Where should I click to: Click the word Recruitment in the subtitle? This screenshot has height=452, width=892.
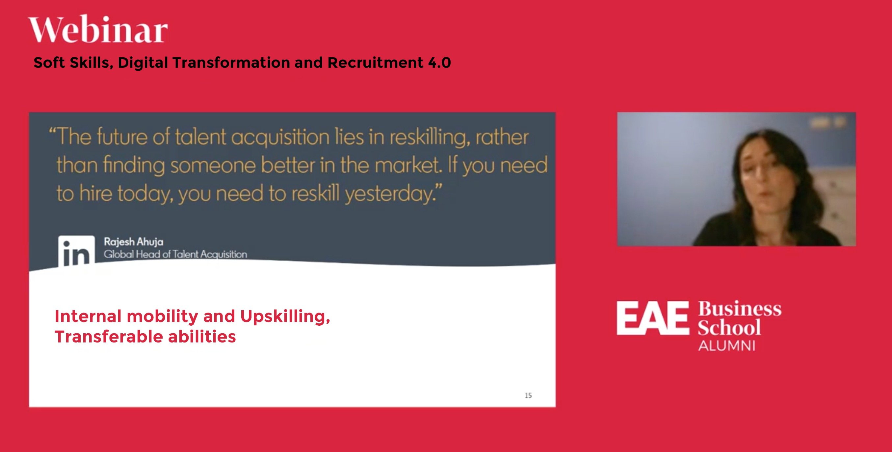coord(375,63)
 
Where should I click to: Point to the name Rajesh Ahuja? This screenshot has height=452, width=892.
coord(134,241)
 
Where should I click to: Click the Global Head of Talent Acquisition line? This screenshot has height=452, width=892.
coord(175,254)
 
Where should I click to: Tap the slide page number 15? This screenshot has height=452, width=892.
coord(528,395)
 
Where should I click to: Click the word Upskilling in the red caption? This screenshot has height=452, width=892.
coord(285,316)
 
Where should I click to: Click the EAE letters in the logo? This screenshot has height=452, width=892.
coord(652,318)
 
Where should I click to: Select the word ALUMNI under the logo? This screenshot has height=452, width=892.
coord(726,346)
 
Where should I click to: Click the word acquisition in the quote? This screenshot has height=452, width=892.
coord(280,138)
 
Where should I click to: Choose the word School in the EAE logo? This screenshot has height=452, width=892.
coord(729,327)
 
